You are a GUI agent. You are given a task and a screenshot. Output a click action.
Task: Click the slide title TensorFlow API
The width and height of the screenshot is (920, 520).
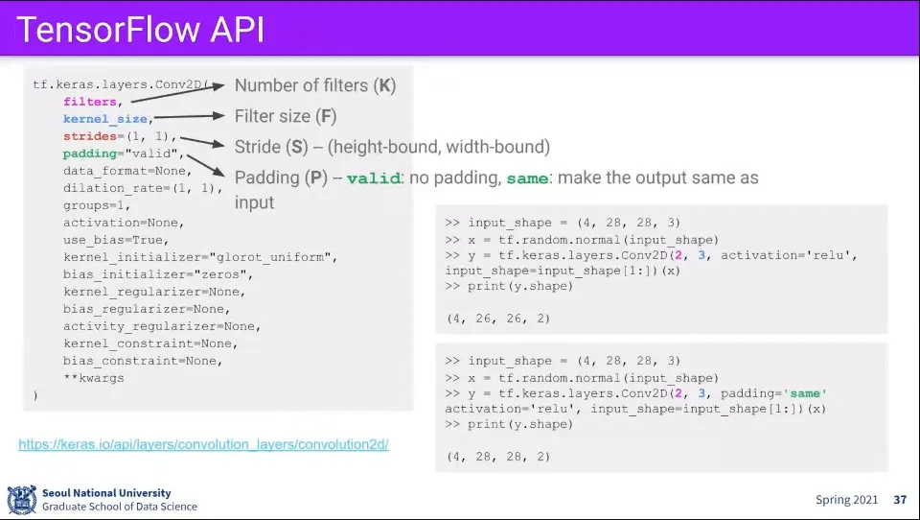coord(141,30)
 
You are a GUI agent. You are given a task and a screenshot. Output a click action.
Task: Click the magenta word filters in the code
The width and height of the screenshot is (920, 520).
coord(91,102)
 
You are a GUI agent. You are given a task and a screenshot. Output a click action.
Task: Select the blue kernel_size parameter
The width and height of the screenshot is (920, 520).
coord(105,119)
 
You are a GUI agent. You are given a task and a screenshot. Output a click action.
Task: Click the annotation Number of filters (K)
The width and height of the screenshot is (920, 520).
coord(315,85)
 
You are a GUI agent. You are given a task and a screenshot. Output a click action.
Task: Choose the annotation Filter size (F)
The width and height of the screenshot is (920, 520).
coord(286,116)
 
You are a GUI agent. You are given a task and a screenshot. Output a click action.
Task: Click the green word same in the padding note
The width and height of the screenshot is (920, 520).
coord(526,179)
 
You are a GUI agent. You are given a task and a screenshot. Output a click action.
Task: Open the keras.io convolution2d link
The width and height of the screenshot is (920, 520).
coord(203,445)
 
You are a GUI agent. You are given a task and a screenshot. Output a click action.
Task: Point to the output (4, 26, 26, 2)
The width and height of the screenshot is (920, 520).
coord(498,318)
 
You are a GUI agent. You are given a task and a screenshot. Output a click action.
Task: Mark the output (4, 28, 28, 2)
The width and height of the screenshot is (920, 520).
coord(498,457)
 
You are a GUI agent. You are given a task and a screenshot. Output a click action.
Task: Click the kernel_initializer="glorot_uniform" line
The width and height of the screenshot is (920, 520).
coord(200,257)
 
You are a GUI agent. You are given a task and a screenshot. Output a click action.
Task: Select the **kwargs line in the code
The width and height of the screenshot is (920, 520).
coord(93,378)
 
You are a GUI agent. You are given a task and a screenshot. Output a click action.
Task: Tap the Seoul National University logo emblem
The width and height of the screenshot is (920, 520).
coord(21,499)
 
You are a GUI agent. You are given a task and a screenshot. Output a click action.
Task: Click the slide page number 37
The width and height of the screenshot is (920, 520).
coord(899,500)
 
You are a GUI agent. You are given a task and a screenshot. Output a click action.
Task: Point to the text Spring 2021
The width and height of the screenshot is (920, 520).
coord(846,500)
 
